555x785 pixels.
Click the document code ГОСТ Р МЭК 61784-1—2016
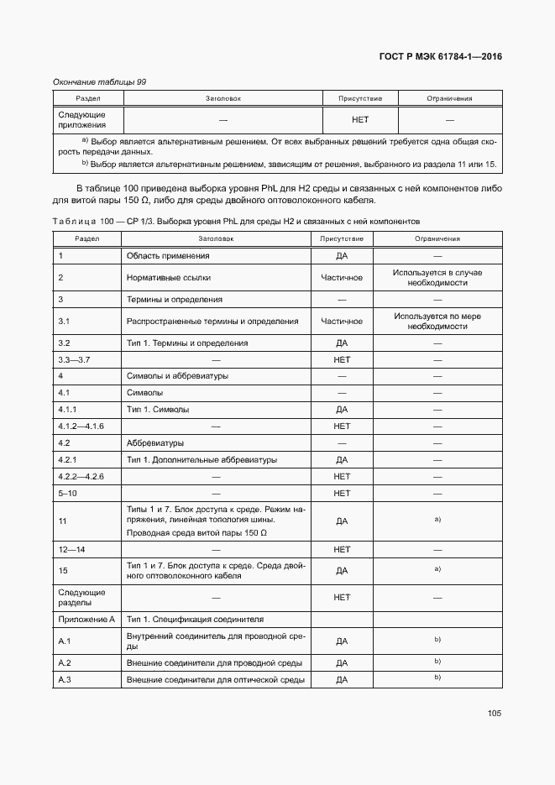(x=441, y=57)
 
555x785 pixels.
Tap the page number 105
(x=494, y=713)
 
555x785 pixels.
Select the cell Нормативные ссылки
(x=169, y=277)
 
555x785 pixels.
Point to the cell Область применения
(x=168, y=255)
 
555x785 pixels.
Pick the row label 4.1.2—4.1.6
(x=80, y=427)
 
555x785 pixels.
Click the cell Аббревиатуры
(x=155, y=442)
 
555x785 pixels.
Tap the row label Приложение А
(x=86, y=619)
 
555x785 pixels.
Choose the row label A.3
(x=66, y=679)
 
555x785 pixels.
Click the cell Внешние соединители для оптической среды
(x=214, y=679)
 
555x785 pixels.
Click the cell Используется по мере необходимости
(x=437, y=321)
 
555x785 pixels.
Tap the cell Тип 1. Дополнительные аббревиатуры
(x=202, y=460)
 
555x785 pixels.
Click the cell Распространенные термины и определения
(x=212, y=321)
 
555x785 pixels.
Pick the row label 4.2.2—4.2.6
(x=80, y=476)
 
